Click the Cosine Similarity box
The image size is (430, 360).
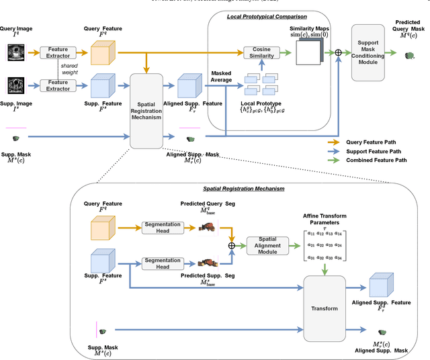(x=261, y=54)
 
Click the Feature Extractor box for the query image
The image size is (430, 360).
(x=59, y=51)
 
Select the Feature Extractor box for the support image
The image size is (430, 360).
(x=59, y=85)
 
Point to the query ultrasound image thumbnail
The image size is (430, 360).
(x=17, y=52)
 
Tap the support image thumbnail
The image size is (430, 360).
(x=17, y=86)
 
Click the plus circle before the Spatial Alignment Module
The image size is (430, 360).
(x=232, y=245)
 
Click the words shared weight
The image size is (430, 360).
(x=67, y=67)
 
